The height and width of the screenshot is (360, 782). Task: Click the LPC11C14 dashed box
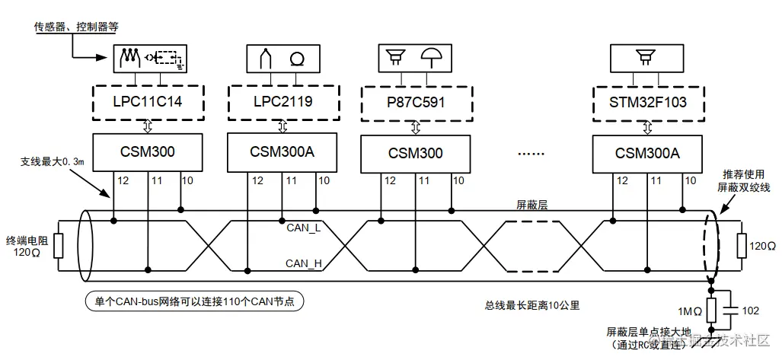tap(148, 101)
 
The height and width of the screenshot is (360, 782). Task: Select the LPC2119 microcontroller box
tap(282, 101)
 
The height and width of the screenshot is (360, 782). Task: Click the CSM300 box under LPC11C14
tap(148, 152)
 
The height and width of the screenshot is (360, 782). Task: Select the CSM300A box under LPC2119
tap(282, 151)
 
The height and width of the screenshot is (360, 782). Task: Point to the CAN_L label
tap(304, 227)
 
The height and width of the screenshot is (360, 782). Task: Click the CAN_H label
tap(304, 263)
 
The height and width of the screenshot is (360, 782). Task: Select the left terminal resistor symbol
tap(58, 247)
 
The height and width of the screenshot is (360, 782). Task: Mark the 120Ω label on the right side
tap(762, 247)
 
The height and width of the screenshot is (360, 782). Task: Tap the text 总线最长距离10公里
tap(532, 305)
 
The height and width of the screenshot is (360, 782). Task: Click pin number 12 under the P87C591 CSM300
tap(390, 180)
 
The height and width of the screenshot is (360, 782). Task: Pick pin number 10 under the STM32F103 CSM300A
tap(690, 180)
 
